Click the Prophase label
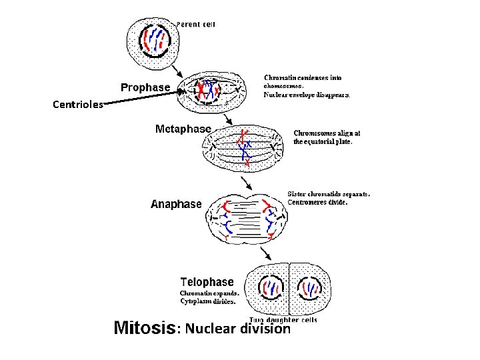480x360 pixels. pyautogui.click(x=145, y=88)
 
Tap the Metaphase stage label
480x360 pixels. pyautogui.click(x=183, y=129)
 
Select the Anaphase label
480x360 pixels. pyautogui.click(x=176, y=205)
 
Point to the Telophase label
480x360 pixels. pyautogui.click(x=207, y=283)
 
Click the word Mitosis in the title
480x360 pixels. pyautogui.click(x=145, y=328)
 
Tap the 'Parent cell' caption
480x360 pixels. pyautogui.click(x=195, y=25)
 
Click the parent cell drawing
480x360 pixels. pyautogui.click(x=154, y=41)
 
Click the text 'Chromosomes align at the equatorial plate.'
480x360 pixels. pyautogui.click(x=323, y=137)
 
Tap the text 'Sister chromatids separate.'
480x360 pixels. pyautogui.click(x=328, y=194)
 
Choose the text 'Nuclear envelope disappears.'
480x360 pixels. pyautogui.click(x=307, y=95)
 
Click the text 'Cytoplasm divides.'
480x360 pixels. pyautogui.click(x=207, y=301)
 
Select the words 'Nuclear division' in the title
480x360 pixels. pyautogui.click(x=238, y=329)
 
